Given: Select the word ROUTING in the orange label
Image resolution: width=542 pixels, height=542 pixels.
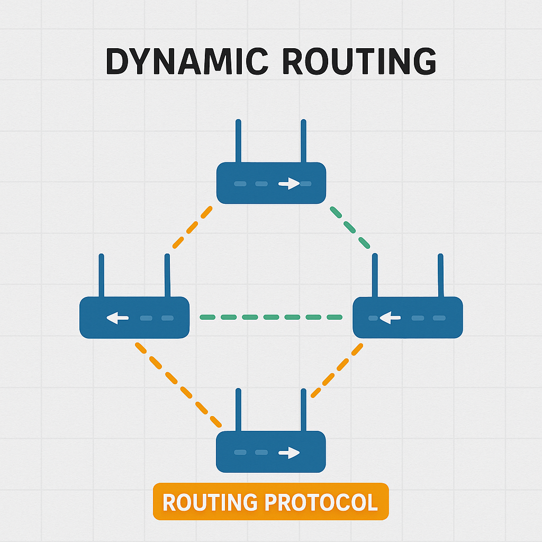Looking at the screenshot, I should tap(210, 502).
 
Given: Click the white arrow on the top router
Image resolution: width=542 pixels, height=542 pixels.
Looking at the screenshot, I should tap(289, 184).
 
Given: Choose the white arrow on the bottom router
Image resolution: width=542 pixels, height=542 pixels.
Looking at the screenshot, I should tap(289, 453).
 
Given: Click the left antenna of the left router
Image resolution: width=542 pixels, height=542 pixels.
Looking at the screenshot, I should tap(102, 276).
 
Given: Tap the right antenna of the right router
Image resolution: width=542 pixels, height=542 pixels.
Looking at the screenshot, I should tap(439, 276).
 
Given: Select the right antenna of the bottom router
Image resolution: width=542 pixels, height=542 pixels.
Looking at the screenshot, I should tap(303, 410).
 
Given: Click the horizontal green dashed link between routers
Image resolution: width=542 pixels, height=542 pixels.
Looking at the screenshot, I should tap(271, 318).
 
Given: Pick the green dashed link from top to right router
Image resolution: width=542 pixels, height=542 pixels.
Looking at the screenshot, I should tap(350, 228).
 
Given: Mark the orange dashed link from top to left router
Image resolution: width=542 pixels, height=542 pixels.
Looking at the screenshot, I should tap(192, 228).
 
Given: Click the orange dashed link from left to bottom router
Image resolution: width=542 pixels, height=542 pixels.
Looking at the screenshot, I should tap(178, 385).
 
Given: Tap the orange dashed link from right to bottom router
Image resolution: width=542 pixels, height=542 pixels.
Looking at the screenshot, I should tap(337, 371).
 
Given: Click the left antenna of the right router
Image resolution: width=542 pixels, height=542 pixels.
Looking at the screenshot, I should tap(375, 276).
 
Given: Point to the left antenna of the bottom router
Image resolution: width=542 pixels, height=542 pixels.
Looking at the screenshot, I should tap(238, 410).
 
